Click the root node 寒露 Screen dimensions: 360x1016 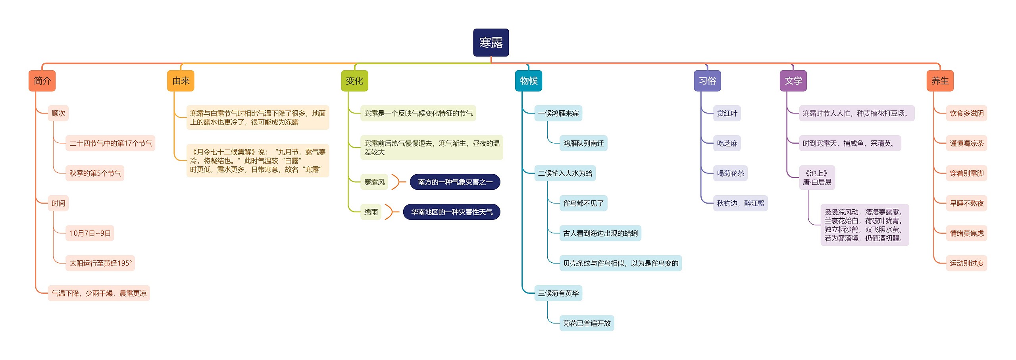pyautogui.click(x=491, y=42)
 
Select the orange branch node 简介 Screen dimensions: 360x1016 pyautogui.click(x=42, y=81)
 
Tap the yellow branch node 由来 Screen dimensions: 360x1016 pyautogui.click(x=181, y=81)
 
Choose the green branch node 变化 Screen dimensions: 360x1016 pyautogui.click(x=354, y=81)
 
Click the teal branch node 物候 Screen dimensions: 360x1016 pyautogui.click(x=529, y=81)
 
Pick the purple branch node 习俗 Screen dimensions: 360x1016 pyautogui.click(x=707, y=81)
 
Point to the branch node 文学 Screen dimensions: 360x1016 pyautogui.click(x=793, y=81)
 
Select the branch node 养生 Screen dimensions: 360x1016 pyautogui.click(x=940, y=81)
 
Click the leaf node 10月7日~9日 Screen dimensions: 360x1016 pyautogui.click(x=90, y=233)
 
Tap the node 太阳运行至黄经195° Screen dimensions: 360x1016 pyautogui.click(x=100, y=263)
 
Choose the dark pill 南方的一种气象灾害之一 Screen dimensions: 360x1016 pyautogui.click(x=455, y=182)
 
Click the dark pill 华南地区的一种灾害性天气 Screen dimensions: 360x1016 pyautogui.click(x=452, y=212)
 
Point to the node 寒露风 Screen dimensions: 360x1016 pyautogui.click(x=374, y=182)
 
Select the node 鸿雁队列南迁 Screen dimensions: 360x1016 pyautogui.click(x=583, y=143)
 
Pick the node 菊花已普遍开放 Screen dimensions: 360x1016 pyautogui.click(x=587, y=323)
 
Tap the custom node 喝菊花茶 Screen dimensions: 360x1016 pyautogui.click(x=730, y=173)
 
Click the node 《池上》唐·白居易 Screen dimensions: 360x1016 pyautogui.click(x=817, y=178)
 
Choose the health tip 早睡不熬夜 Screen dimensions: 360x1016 pyautogui.click(x=966, y=203)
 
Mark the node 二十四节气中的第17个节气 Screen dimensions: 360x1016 pyautogui.click(x=111, y=143)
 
